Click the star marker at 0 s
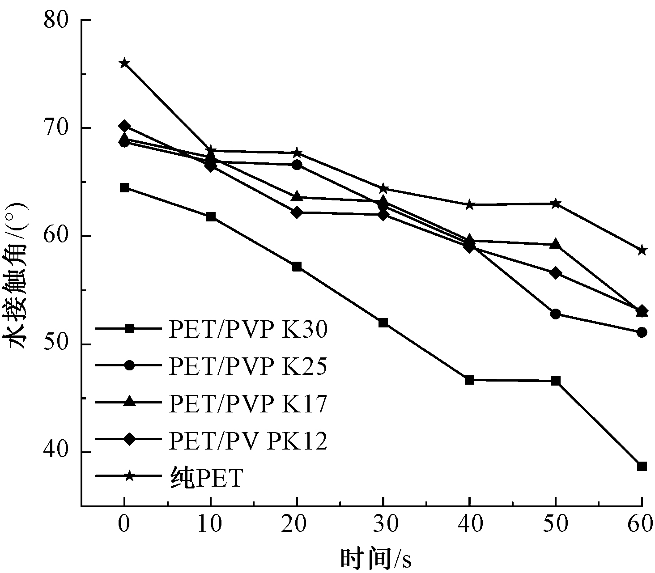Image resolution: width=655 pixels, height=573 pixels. pyautogui.click(x=124, y=63)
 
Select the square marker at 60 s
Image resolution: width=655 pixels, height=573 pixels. pyautogui.click(x=642, y=467)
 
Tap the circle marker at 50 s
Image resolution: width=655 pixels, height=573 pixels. pyautogui.click(x=556, y=314)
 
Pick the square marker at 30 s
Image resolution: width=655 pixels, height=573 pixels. pyautogui.click(x=383, y=323)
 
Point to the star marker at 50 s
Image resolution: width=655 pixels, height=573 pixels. pyautogui.click(x=556, y=204)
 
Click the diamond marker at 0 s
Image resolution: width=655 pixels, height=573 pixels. pyautogui.click(x=124, y=127)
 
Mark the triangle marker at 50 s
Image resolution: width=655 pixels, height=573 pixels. pyautogui.click(x=556, y=244)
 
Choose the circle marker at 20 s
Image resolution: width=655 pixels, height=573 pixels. pyautogui.click(x=297, y=165)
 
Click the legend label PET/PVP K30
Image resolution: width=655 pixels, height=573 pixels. pyautogui.click(x=248, y=330)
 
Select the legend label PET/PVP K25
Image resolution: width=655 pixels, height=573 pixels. pyautogui.click(x=248, y=366)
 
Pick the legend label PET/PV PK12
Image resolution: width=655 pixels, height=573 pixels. pyautogui.click(x=248, y=441)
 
